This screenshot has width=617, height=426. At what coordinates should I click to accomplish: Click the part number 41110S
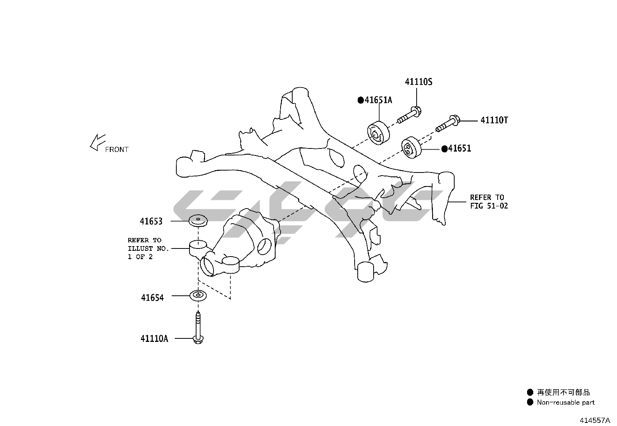coord(418,82)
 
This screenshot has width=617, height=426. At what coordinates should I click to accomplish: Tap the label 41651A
coord(378,100)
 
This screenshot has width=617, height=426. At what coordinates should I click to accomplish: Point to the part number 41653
coord(151,221)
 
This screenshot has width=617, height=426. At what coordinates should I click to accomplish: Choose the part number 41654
coord(152,298)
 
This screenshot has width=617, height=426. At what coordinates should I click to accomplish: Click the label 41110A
coord(154,338)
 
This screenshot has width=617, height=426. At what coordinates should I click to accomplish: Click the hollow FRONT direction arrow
coord(97,142)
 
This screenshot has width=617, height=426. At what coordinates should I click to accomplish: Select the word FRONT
coord(117,149)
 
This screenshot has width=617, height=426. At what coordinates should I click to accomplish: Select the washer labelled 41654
coord(198,296)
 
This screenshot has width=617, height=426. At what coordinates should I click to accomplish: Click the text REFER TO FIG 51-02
coord(489,202)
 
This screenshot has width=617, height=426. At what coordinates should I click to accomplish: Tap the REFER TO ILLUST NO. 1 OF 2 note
coord(148,248)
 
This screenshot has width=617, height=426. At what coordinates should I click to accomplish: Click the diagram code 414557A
coord(595,420)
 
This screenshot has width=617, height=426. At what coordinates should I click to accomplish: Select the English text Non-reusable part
coord(565,402)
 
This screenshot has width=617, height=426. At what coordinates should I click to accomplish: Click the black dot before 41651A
coord(360,100)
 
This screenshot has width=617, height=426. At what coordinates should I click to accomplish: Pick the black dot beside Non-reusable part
coord(530,402)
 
